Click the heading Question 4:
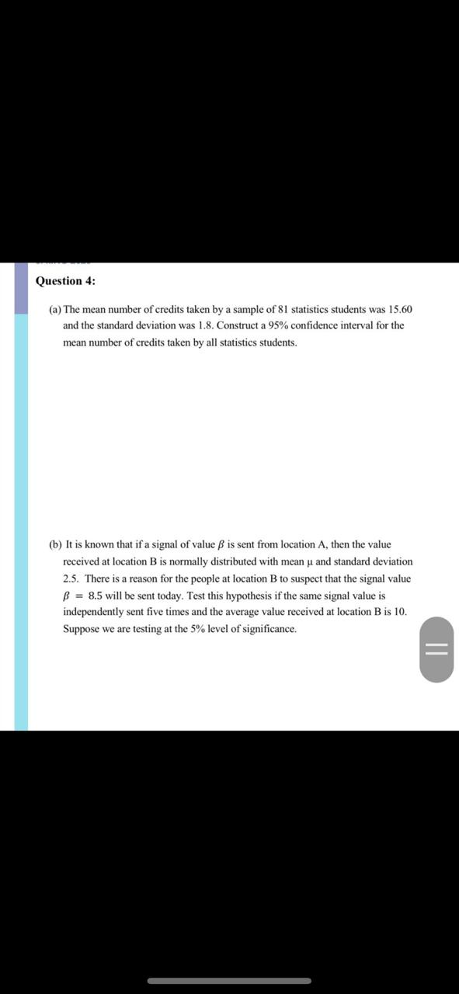66,281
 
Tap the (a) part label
55,309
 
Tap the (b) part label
55,545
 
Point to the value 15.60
399,309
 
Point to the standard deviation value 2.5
71,579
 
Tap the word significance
269,630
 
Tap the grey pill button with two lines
437,650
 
